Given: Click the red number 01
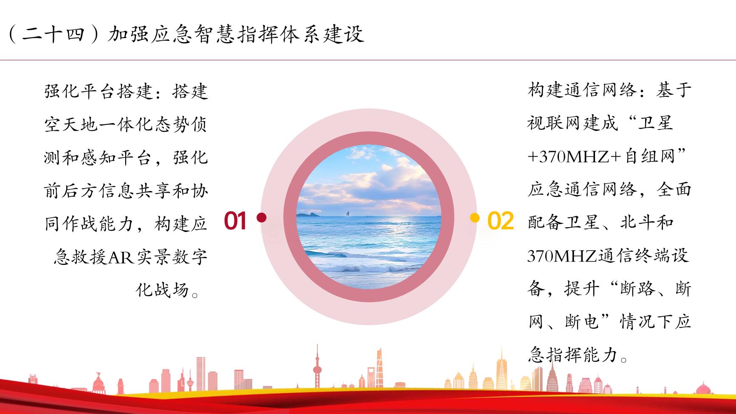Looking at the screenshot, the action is coord(235,221).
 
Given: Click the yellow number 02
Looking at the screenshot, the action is coord(500,221).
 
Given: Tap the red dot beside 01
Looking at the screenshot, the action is coord(262,218).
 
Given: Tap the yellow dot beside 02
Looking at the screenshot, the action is coord(475,218).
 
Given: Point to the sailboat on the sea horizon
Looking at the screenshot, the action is coord(347,214).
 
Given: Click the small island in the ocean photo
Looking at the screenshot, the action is coord(310,214).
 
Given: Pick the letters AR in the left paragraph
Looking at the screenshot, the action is coord(121,257).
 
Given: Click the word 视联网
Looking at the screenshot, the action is coord(554,124).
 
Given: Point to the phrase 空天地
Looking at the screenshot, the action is coord(71,124).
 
